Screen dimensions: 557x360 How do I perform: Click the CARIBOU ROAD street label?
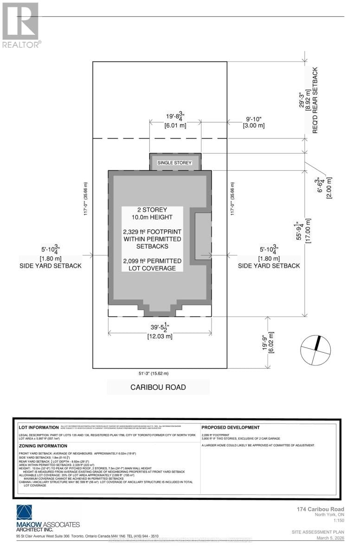(158, 387)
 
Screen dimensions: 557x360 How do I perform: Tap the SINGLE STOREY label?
(175, 163)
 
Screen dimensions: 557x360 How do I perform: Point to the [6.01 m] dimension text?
(175, 125)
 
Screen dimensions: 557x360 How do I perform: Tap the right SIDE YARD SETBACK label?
(269, 266)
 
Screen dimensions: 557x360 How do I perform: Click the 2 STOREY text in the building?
(153, 209)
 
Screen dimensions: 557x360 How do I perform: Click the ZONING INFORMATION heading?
(43, 446)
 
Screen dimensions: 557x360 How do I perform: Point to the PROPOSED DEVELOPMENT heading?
(231, 427)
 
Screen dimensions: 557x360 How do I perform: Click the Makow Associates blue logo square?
(26, 512)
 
